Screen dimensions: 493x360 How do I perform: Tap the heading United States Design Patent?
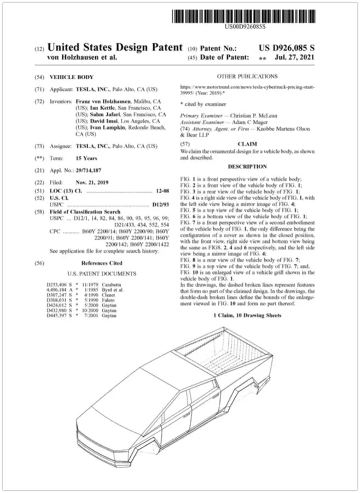pos(114,48)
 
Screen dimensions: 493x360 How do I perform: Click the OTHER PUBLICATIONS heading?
pos(247,77)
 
